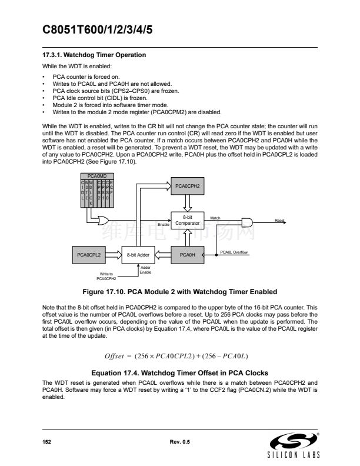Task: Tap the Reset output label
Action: click(x=279, y=220)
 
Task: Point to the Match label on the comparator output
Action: click(x=215, y=218)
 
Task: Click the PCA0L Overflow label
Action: click(x=234, y=252)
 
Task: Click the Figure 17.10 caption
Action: click(x=179, y=292)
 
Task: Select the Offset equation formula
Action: click(x=179, y=356)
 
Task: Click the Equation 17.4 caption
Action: click(x=179, y=373)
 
